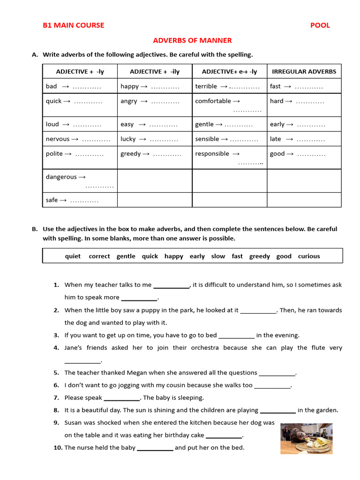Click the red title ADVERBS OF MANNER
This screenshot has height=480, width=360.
(x=193, y=40)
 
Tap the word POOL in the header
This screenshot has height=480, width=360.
(x=320, y=25)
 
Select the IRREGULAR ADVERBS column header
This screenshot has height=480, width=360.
(x=304, y=71)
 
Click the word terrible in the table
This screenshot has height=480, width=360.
(x=206, y=86)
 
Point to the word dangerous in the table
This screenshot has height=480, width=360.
(x=61, y=177)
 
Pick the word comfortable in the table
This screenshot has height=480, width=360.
(x=213, y=101)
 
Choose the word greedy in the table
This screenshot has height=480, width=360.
(x=130, y=154)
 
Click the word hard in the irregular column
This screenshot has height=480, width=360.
(x=277, y=101)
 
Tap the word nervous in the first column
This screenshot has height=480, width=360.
(x=58, y=139)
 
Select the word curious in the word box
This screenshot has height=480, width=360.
(x=309, y=256)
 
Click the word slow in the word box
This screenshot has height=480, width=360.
(x=218, y=256)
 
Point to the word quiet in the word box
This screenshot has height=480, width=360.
(x=73, y=256)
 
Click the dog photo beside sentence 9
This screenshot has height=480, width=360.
(x=307, y=438)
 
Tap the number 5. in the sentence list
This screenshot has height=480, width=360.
(x=56, y=373)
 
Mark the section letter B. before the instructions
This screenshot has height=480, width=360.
(x=35, y=229)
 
